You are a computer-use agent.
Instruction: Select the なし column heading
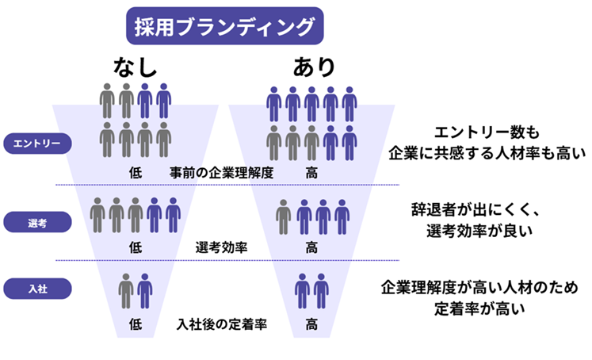coord(133,67)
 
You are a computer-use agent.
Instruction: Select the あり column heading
coord(313,67)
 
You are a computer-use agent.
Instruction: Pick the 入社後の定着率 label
coord(221,324)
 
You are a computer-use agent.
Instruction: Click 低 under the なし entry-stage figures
coord(135,170)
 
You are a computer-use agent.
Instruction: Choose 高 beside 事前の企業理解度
coord(312,170)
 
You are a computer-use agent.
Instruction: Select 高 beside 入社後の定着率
coord(312,324)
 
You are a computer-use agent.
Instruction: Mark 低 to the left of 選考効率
coord(135,247)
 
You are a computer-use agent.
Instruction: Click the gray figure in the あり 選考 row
coord(284,216)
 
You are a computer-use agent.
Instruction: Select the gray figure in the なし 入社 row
coord(125,290)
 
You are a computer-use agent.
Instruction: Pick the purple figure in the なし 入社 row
coord(144,290)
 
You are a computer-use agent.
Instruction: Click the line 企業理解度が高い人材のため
coord(479,286)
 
